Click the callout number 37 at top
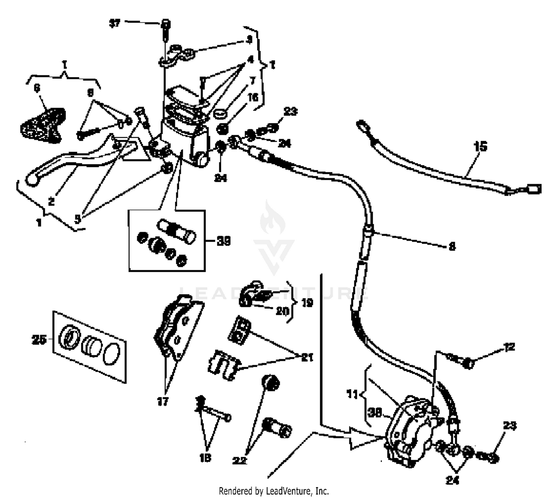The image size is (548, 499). (115, 23)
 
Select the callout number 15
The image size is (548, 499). (480, 146)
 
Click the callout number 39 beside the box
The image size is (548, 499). (223, 241)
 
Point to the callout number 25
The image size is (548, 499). (39, 340)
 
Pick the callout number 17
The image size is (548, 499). (163, 401)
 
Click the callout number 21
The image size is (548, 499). (307, 357)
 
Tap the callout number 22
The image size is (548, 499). (240, 460)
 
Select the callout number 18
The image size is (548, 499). (205, 458)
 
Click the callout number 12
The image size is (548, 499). (509, 347)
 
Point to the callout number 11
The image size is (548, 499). (352, 394)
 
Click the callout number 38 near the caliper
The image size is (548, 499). (374, 412)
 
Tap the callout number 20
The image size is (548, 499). (282, 311)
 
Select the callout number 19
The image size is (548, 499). (307, 302)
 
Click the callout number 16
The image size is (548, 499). (253, 97)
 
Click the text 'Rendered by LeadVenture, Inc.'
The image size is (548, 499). (274, 491)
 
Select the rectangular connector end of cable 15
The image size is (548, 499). (533, 189)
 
